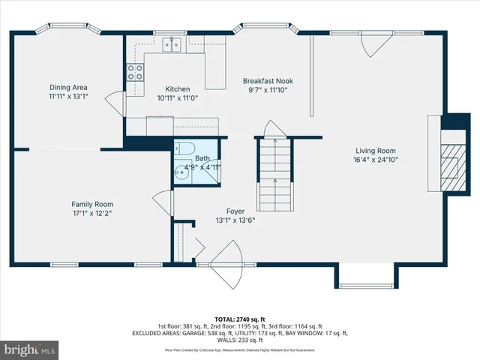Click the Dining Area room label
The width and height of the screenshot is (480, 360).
(x=68, y=87)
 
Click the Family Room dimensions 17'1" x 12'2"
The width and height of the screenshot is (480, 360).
(x=92, y=213)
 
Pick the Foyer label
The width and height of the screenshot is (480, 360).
(x=236, y=211)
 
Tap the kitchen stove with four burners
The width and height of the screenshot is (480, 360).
(x=136, y=72)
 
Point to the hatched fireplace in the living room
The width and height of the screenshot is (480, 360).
(x=450, y=160)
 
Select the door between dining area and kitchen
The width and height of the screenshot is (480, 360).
(x=115, y=100)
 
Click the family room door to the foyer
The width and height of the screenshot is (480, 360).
(x=162, y=202)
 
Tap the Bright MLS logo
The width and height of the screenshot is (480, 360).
(x=30, y=349)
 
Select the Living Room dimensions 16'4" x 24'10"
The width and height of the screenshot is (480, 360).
(x=375, y=159)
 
